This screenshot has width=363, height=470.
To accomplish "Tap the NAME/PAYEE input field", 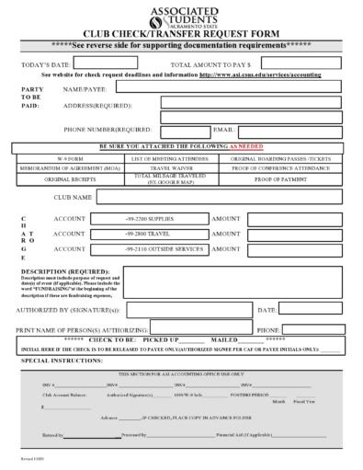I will tap(237, 89).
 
